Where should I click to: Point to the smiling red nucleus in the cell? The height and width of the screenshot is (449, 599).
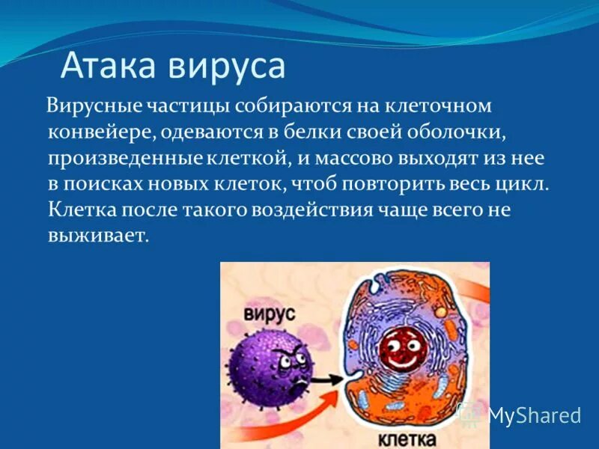point(399,346)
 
